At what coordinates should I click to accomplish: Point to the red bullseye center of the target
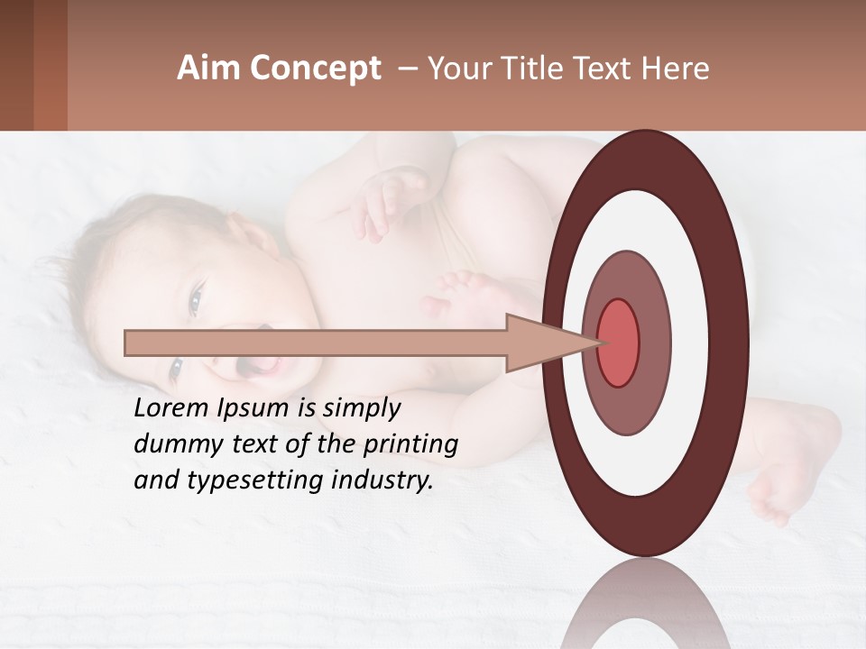click(618, 342)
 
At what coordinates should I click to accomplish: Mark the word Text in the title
click(607, 69)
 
